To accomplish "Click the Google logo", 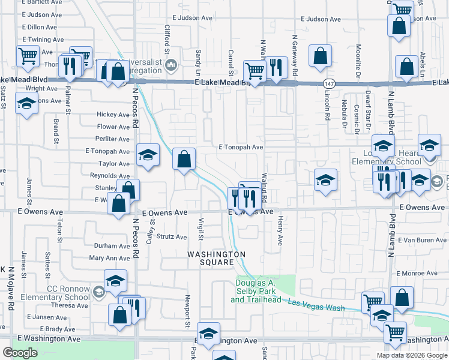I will point(20,353).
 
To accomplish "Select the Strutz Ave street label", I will point(172,237).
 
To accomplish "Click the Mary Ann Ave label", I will point(109,259).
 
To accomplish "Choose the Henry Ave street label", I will point(280,231).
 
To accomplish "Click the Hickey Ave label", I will point(113,115).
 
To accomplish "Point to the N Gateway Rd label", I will point(295,57).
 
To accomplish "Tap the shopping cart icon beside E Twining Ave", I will point(28,56).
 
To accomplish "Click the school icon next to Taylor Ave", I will point(148,155).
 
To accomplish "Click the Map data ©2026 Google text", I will point(412,355).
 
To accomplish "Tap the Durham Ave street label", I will point(112,246).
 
